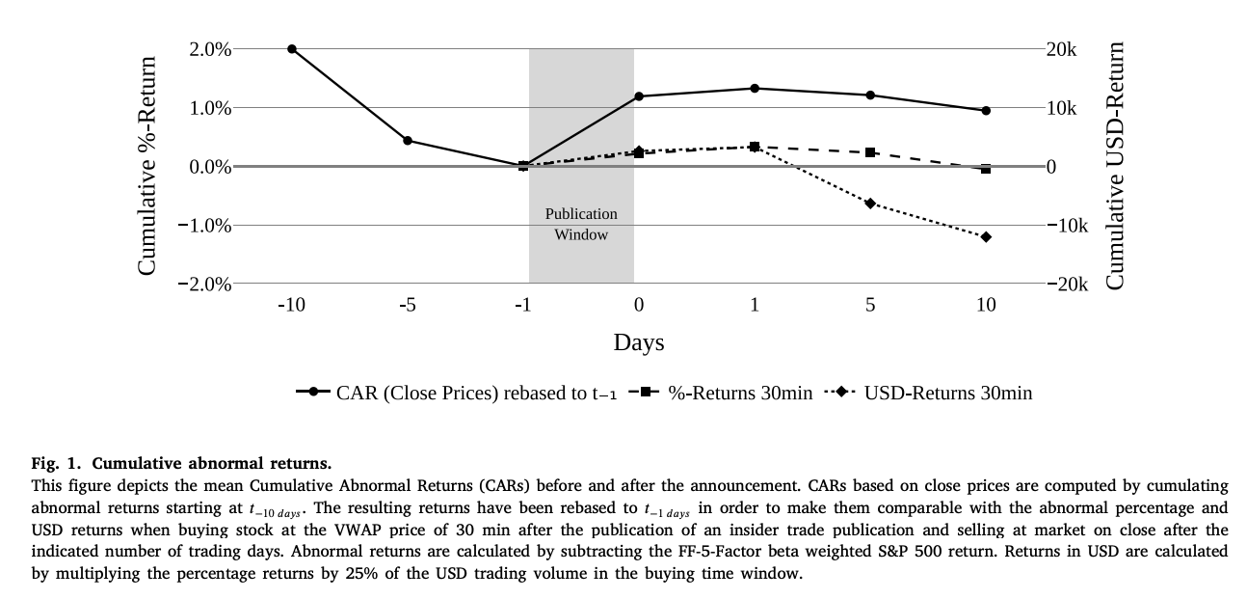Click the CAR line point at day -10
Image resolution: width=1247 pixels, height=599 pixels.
tap(292, 49)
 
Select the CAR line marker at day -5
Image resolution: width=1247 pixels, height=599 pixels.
tap(408, 141)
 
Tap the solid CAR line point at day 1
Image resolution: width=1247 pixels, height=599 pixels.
tap(755, 89)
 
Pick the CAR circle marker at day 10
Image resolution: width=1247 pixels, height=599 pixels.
tap(986, 111)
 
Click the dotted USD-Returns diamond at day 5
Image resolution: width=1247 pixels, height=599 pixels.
tap(870, 204)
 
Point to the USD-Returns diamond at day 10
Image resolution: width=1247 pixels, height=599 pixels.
tap(986, 237)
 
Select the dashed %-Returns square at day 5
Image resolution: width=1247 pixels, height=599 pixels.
tap(870, 152)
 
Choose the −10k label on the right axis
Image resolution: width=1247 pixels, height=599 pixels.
tap(1068, 226)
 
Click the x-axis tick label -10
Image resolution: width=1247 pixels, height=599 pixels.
tap(291, 306)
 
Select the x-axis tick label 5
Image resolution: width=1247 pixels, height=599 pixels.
tap(870, 306)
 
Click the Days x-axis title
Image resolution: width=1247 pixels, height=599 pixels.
tap(639, 342)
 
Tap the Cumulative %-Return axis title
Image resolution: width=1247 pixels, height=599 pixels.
tap(147, 166)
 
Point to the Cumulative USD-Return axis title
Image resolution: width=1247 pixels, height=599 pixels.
tap(1115, 166)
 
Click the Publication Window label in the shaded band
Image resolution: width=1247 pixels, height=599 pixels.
tap(581, 224)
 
